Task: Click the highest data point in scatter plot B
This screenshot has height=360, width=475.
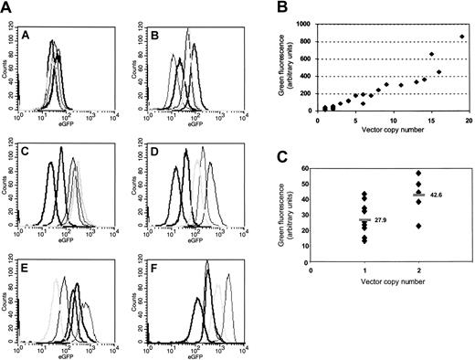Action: point(462,37)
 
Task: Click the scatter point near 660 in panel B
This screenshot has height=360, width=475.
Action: point(431,54)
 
